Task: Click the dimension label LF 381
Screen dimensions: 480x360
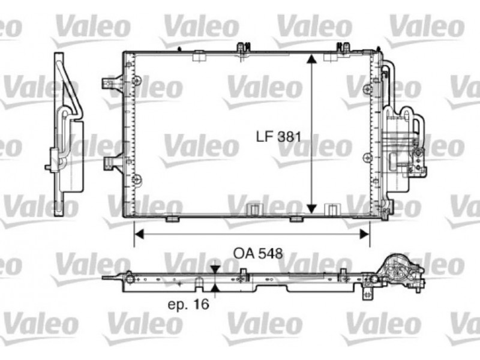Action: pos(278,137)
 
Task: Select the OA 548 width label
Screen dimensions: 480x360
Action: pos(258,253)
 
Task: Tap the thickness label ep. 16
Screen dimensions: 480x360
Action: pos(188,304)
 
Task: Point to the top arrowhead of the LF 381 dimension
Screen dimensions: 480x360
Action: pos(311,59)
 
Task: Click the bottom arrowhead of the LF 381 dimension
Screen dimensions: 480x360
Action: pos(311,209)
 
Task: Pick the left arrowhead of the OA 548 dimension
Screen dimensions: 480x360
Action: pos(139,235)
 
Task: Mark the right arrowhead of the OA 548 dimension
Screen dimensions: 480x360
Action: pos(365,235)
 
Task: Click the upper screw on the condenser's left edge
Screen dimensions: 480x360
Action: pos(137,80)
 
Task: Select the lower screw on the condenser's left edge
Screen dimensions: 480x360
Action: pos(137,179)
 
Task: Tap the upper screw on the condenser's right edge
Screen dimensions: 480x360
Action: pos(367,89)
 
